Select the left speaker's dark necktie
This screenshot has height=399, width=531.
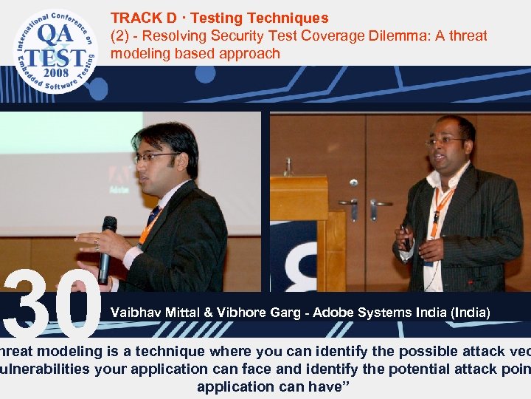(153, 216)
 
